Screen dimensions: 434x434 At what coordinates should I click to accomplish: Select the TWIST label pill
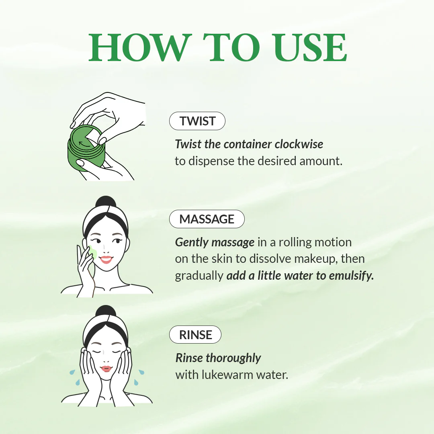(x=197, y=121)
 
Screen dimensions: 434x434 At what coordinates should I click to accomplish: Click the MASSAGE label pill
(x=207, y=219)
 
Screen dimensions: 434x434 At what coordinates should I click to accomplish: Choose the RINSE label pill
(x=195, y=335)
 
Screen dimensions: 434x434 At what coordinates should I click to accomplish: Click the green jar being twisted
(x=86, y=153)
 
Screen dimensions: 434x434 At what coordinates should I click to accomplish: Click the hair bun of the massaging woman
(x=106, y=201)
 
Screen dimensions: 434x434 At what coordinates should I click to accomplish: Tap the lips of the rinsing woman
(x=106, y=368)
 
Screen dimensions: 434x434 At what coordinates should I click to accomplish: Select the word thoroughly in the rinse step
(x=233, y=358)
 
